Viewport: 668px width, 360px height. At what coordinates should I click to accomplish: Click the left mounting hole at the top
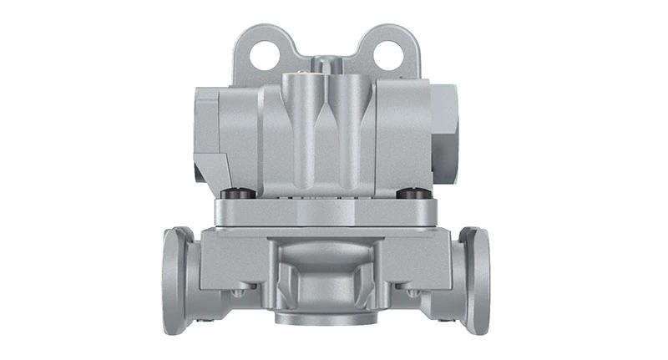[x=265, y=55]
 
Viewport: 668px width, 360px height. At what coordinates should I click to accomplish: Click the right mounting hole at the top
[x=388, y=55]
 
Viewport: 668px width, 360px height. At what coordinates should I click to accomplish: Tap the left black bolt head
[x=240, y=194]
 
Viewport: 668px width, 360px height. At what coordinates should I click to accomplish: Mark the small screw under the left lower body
[x=240, y=292]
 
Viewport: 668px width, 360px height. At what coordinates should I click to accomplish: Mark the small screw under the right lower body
[x=412, y=292]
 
